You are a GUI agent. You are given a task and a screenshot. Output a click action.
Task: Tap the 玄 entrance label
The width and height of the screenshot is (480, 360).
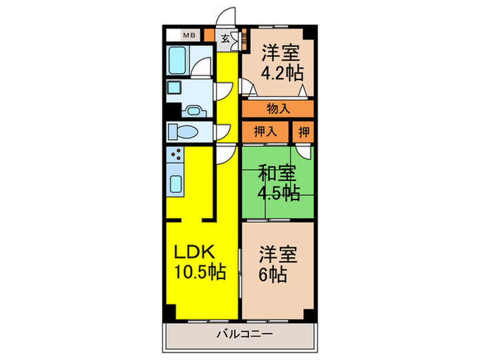(x=225, y=38)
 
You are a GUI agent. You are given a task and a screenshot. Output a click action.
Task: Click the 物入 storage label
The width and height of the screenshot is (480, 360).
(x=278, y=108)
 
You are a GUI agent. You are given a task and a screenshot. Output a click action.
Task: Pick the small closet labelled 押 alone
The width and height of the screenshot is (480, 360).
(x=302, y=131)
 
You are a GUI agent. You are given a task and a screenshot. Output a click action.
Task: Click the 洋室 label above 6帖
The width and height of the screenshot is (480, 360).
(x=278, y=253)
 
